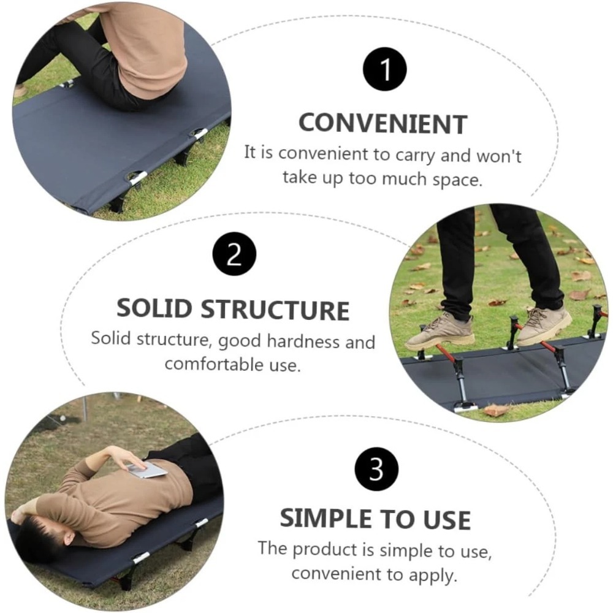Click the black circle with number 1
pos(386,69)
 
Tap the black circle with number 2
pos(234,254)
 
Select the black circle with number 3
pos(376,469)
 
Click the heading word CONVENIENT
pos(383,124)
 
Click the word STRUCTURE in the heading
pos(275,310)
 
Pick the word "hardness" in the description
pos(304,341)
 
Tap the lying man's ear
pos(69,538)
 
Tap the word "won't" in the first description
pos(499,156)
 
